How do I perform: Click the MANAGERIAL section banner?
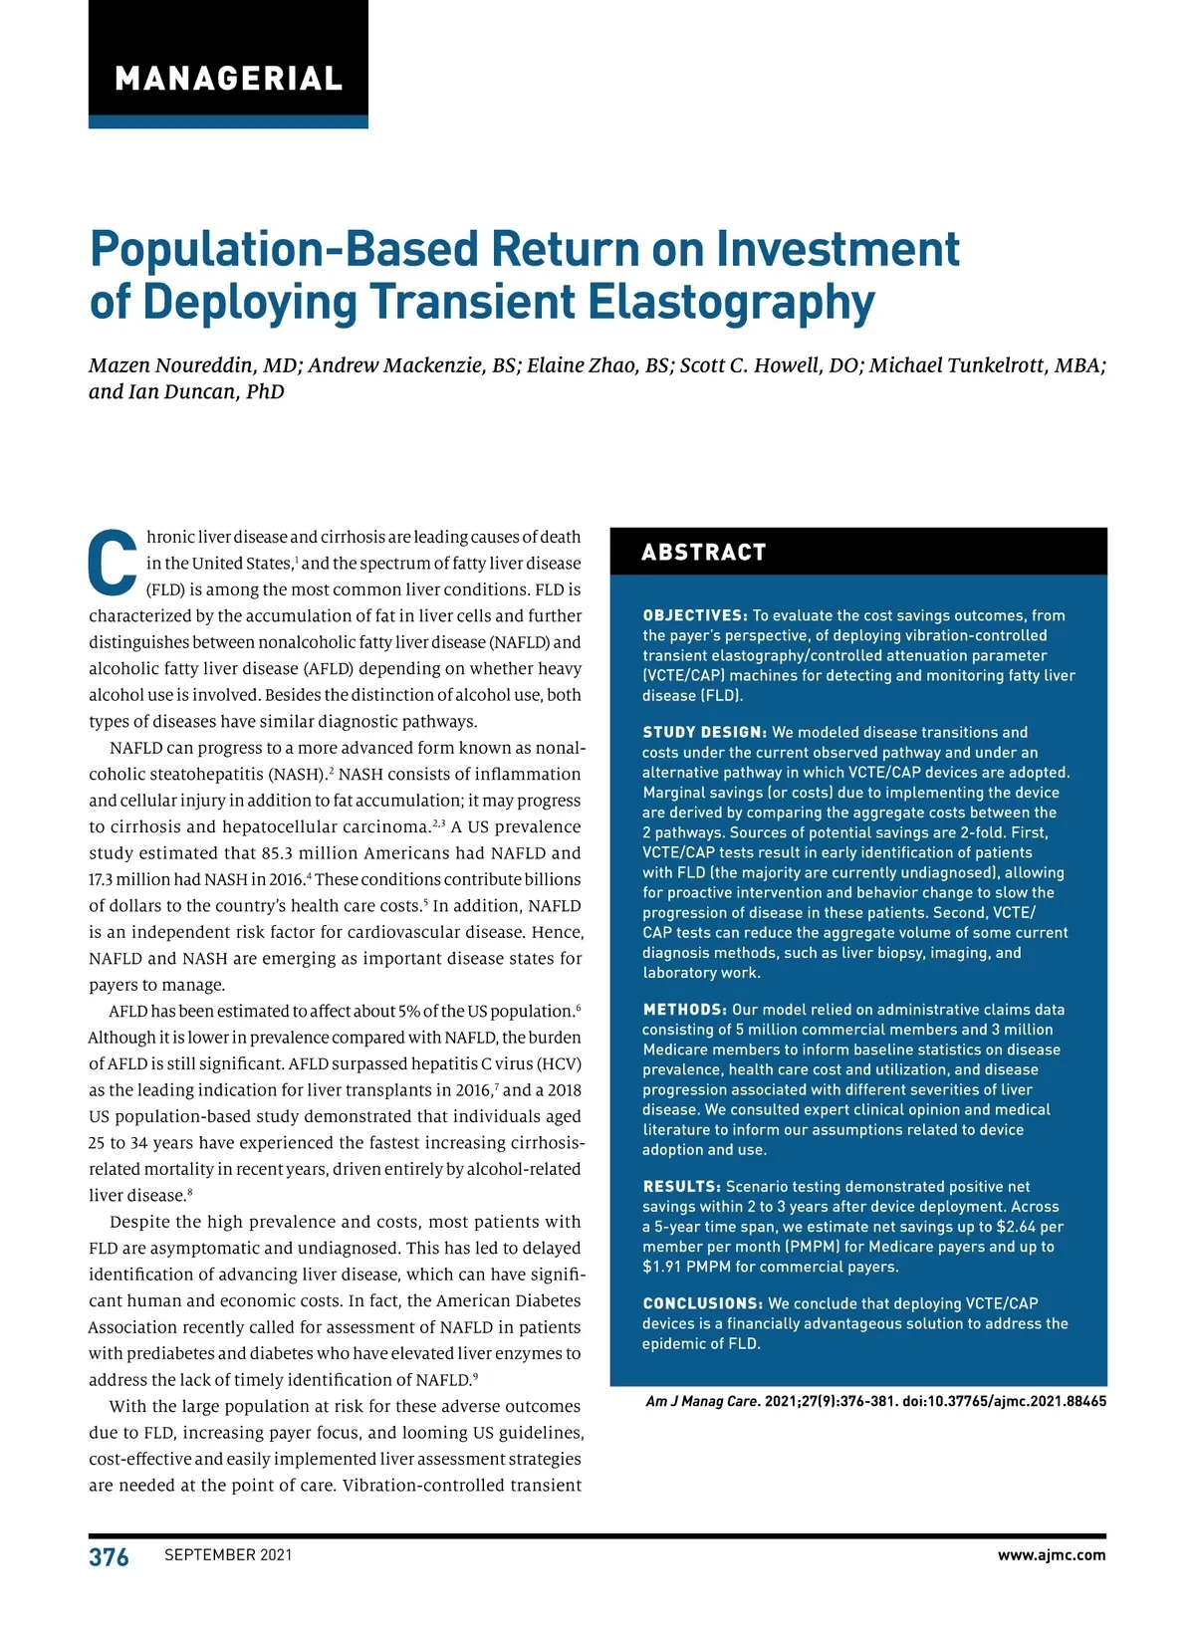[228, 78]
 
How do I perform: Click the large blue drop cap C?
[113, 563]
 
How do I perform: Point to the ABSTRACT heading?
[704, 553]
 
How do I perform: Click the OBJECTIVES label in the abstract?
[694, 615]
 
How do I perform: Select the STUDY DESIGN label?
[704, 732]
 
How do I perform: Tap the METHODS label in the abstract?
[684, 1010]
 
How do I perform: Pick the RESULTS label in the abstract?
[681, 1186]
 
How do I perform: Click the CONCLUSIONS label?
[702, 1303]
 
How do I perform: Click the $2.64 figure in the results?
[1016, 1227]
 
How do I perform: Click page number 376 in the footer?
[109, 1557]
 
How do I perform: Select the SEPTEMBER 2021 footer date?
[228, 1555]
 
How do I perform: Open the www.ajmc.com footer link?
[1051, 1555]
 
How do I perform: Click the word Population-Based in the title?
[283, 249]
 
